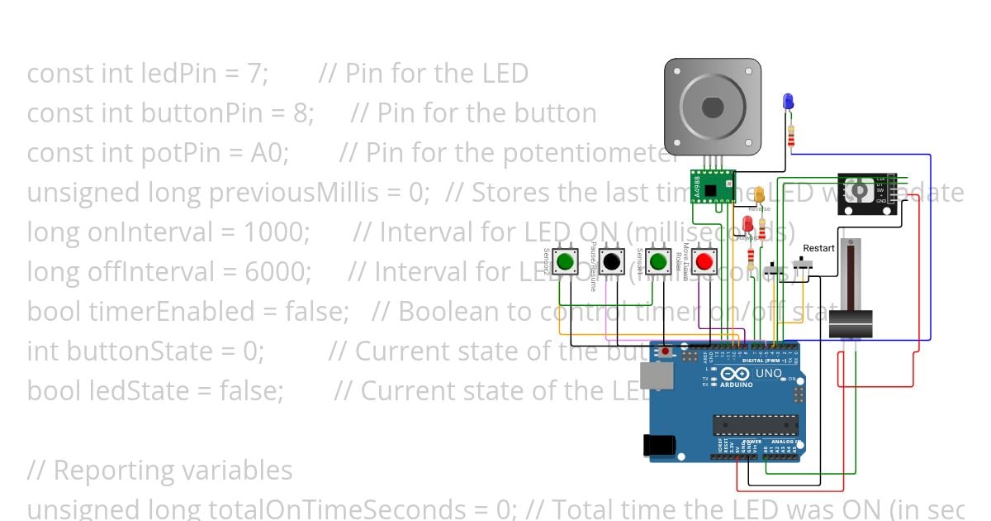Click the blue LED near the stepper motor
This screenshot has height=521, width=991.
pyautogui.click(x=788, y=102)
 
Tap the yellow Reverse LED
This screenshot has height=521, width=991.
pyautogui.click(x=759, y=195)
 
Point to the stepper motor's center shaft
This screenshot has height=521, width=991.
pyautogui.click(x=713, y=107)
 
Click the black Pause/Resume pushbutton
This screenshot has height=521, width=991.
pyautogui.click(x=611, y=262)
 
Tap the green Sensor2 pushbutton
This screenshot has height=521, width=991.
pyautogui.click(x=565, y=262)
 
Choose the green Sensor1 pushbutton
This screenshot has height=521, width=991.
pyautogui.click(x=658, y=262)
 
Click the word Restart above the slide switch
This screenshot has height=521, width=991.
pyautogui.click(x=818, y=247)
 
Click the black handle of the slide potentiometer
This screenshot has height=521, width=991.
pyautogui.click(x=851, y=324)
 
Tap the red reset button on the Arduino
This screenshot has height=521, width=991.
pyautogui.click(x=666, y=352)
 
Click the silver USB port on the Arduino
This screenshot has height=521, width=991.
pyautogui.click(x=657, y=378)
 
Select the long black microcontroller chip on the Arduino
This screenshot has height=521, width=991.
pyautogui.click(x=756, y=424)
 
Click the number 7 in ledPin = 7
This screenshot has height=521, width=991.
pyautogui.click(x=256, y=74)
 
